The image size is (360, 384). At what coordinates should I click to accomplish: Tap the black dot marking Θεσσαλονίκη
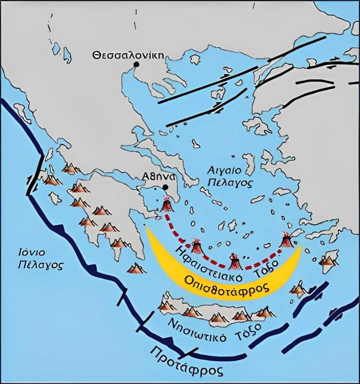click(137, 64)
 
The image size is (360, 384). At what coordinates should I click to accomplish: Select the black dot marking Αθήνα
click(165, 187)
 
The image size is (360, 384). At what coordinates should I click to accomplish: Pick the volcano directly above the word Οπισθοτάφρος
click(235, 262)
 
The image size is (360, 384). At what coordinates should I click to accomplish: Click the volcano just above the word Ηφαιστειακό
click(196, 247)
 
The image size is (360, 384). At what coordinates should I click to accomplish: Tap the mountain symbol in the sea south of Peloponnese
click(136, 268)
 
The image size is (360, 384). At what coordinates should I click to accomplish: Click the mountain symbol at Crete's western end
click(166, 305)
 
